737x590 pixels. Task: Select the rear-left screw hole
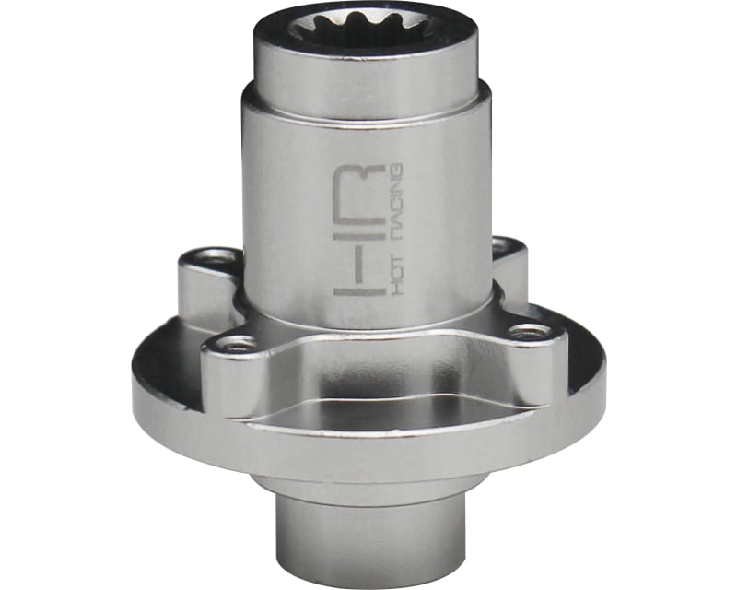point(215,256)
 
